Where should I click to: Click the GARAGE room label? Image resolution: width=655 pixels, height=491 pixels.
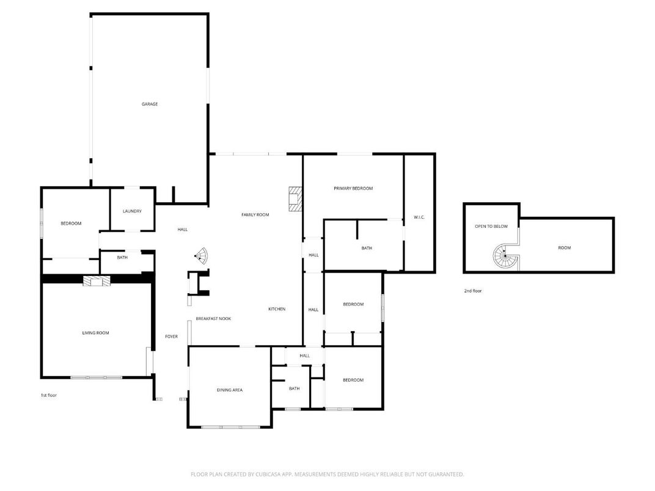tap(150, 104)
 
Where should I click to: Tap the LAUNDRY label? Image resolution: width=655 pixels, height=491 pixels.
tap(132, 211)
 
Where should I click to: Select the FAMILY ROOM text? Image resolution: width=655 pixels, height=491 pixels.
tap(255, 215)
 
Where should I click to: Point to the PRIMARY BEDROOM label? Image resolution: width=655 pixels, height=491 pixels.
tap(353, 189)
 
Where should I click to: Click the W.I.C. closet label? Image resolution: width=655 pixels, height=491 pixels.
tap(419, 217)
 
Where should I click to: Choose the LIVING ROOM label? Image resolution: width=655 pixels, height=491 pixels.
tap(95, 333)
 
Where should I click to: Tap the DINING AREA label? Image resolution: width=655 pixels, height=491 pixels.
tap(230, 390)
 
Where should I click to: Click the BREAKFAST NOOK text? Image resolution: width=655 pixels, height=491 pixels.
tap(213, 319)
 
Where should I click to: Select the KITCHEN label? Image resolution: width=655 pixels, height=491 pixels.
tap(277, 309)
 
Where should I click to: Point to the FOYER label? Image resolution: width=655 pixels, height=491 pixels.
tap(171, 336)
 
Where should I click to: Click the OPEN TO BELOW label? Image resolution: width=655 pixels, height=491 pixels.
tap(491, 227)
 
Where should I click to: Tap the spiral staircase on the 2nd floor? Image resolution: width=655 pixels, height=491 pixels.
tap(507, 256)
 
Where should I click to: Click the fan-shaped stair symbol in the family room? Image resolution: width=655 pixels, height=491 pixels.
tap(201, 256)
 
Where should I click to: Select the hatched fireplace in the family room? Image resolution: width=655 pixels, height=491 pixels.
tap(295, 198)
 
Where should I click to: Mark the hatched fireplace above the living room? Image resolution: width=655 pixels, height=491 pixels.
tap(95, 281)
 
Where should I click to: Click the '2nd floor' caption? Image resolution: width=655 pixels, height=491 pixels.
tap(473, 291)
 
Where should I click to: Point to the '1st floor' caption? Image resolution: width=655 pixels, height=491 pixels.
tap(49, 396)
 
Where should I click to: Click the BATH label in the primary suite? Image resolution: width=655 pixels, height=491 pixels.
tap(367, 249)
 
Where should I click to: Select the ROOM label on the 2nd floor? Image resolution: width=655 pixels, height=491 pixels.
tap(564, 248)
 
